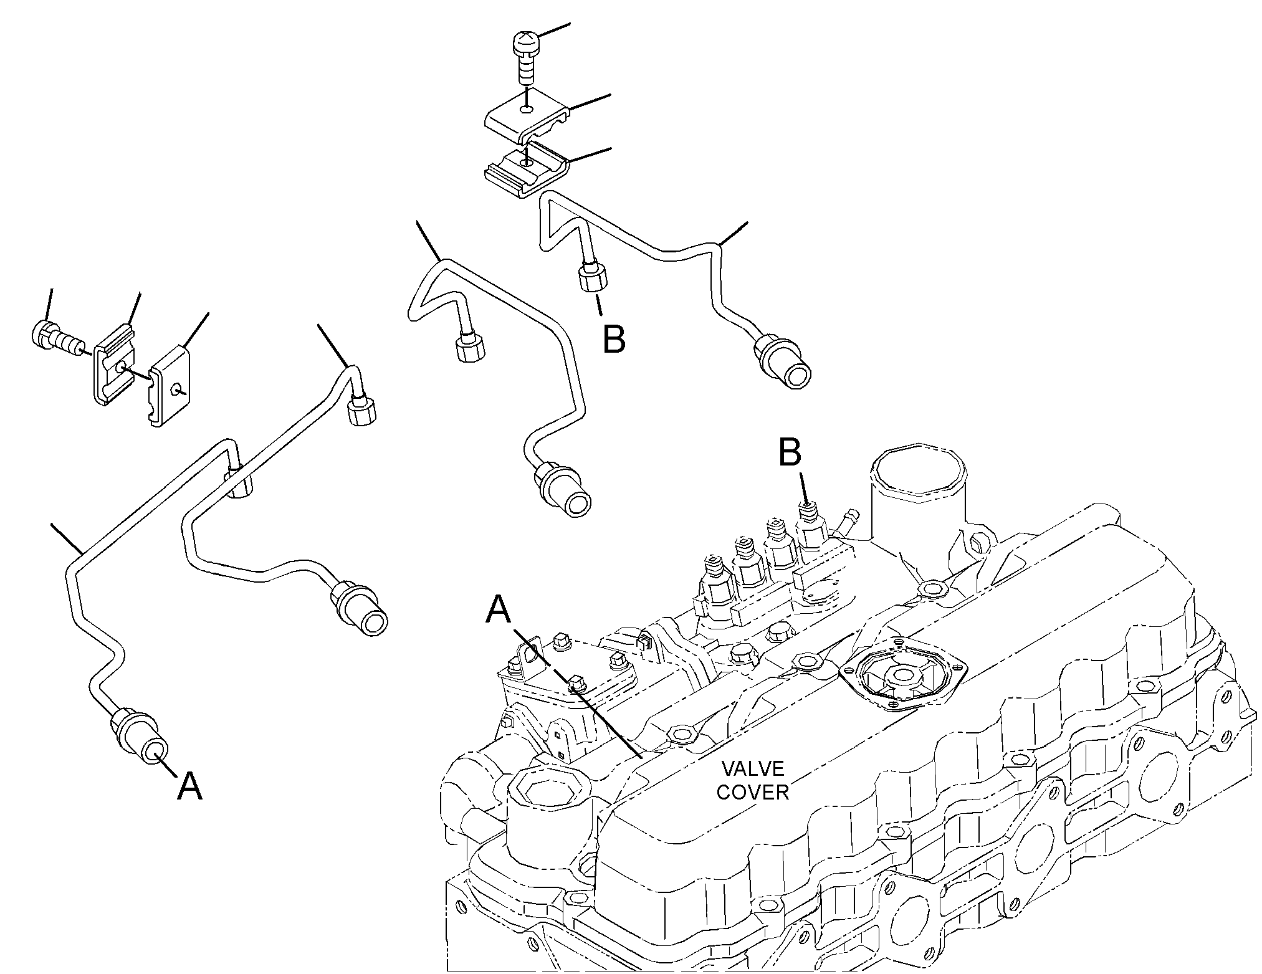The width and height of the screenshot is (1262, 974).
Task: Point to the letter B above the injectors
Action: click(x=790, y=453)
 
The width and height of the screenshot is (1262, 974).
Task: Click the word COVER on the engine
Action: click(x=753, y=792)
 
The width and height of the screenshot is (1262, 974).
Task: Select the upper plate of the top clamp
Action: click(x=527, y=117)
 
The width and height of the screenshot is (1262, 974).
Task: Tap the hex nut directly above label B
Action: click(x=591, y=277)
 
